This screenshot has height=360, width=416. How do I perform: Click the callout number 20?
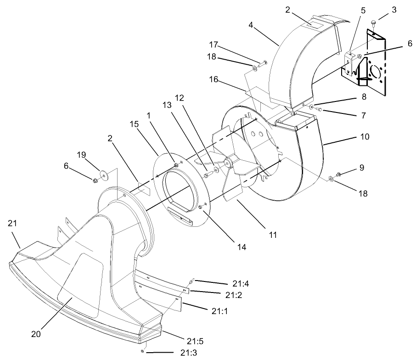36,334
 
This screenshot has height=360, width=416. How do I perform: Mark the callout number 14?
242,247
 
